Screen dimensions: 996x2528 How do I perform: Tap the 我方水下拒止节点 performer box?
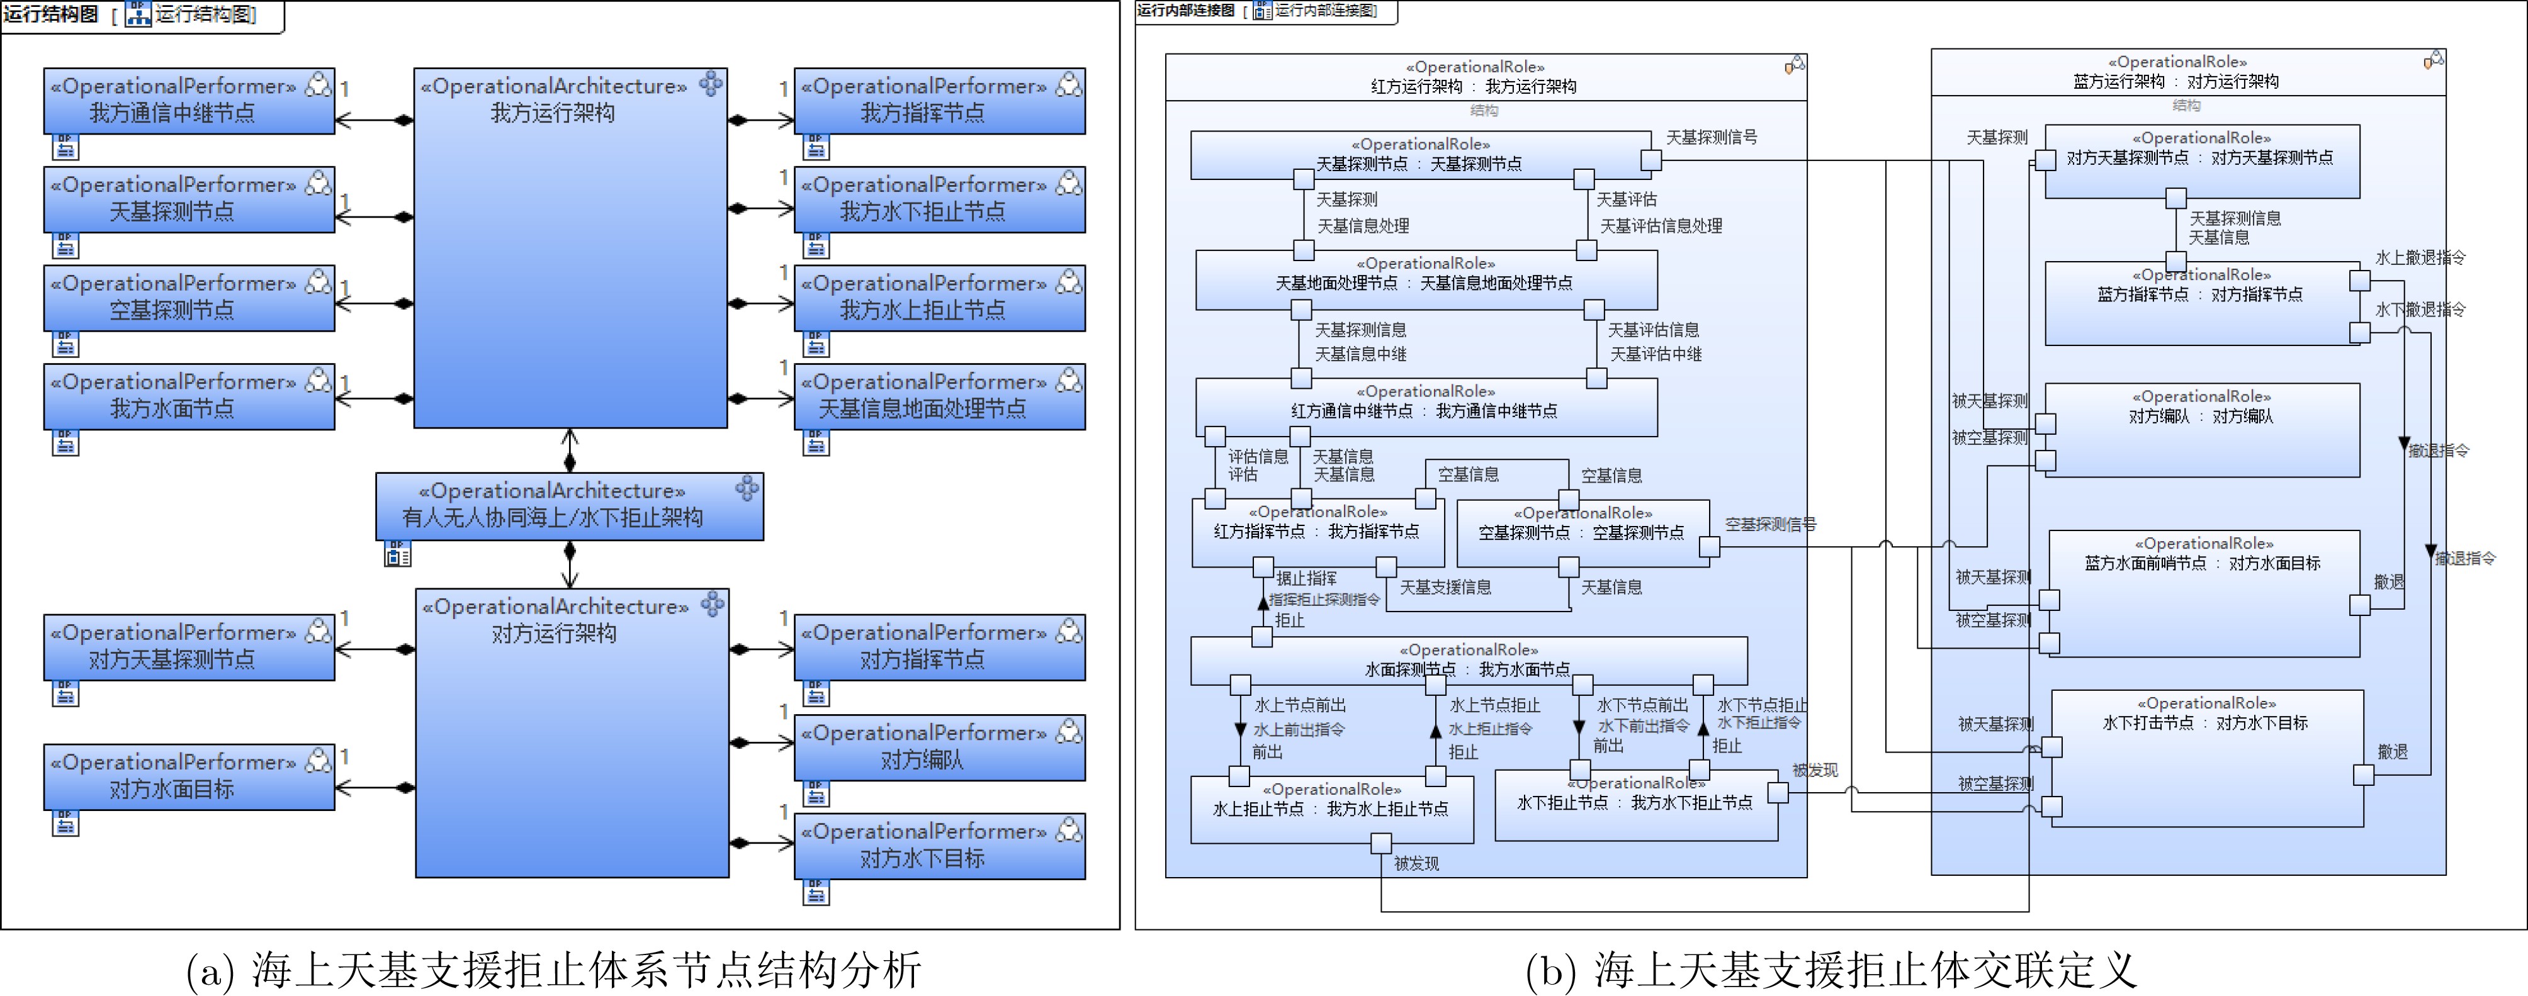939,199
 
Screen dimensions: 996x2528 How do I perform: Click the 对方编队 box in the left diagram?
939,747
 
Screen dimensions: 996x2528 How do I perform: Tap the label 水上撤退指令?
2420,258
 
